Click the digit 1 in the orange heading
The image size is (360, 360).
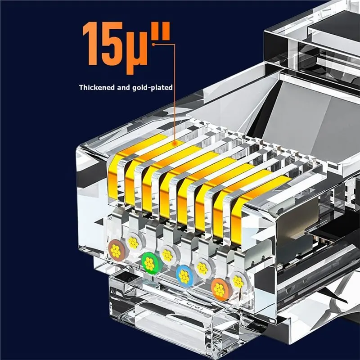tap(90, 43)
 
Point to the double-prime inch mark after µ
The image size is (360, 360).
tap(161, 31)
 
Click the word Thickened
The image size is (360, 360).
tap(97, 87)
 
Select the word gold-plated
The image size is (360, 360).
tap(152, 88)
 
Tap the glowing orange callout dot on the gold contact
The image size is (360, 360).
tap(175, 143)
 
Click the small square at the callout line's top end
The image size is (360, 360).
tap(153, 44)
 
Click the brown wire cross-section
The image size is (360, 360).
tap(116, 251)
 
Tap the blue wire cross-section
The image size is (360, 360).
tap(184, 276)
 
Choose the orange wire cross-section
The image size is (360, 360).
tap(219, 289)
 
